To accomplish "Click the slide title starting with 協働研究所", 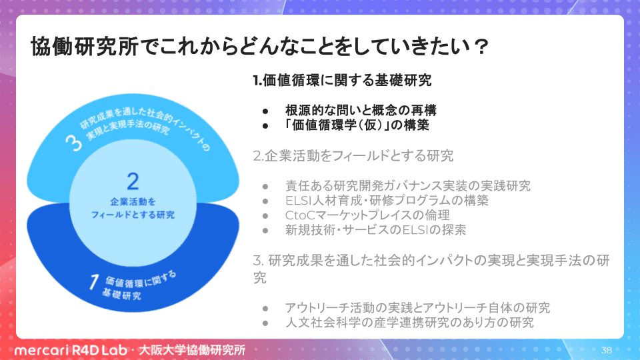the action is (259, 46).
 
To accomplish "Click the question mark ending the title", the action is (481, 47).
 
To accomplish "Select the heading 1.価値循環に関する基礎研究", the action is (342, 80).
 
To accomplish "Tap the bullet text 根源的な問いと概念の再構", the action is (361, 110).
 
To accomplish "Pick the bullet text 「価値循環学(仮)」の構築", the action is (357, 125).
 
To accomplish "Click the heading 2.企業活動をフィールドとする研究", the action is (353, 155).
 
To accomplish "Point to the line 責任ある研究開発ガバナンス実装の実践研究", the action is (408, 186).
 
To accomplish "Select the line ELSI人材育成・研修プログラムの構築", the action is (387, 201).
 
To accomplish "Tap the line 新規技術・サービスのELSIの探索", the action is (375, 230).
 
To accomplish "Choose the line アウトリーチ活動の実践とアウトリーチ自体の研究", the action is (417, 307).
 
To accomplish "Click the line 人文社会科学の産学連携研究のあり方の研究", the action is (409, 323).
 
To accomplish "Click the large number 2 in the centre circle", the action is (133, 181).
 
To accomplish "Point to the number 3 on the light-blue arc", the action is (74, 143).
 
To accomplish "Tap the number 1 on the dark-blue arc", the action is (94, 282).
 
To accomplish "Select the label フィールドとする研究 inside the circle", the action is (133, 215).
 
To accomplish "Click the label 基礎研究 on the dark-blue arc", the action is (121, 294).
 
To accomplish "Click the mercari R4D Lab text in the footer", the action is (71, 350).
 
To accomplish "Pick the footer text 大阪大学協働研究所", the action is (192, 350).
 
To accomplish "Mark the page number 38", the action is (607, 350).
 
